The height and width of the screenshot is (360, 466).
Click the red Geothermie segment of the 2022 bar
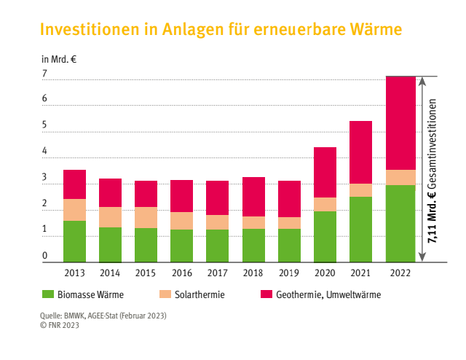400,122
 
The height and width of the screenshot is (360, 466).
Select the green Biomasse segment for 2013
74,240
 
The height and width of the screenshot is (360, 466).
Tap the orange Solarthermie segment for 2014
110,217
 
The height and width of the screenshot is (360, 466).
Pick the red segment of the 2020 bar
325,172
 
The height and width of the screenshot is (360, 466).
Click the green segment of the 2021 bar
360,229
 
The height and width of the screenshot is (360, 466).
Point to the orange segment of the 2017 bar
217,222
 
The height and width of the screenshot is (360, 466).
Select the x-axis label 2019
289,273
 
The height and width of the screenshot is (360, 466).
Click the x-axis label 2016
181,273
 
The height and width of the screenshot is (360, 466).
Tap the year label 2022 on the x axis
400,273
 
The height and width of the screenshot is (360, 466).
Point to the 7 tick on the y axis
45,74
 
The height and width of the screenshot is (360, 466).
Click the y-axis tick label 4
45,152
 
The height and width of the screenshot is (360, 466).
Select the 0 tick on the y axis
45,257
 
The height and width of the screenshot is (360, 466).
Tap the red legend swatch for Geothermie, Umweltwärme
266,295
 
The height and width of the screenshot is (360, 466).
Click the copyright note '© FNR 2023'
60,325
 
